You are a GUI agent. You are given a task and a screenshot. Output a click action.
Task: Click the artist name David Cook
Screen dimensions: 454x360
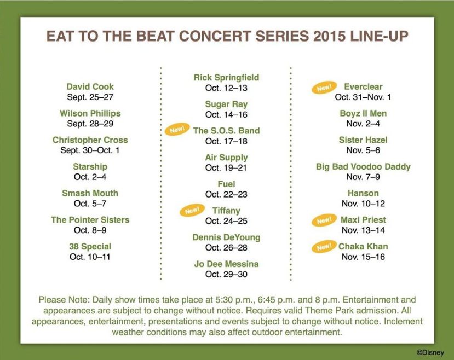(90, 86)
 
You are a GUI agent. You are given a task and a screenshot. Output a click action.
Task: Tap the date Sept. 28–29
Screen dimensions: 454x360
(90, 124)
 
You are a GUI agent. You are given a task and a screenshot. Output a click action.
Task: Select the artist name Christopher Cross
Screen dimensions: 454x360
(90, 140)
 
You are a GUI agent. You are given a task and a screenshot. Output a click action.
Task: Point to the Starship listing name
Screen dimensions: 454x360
(90, 166)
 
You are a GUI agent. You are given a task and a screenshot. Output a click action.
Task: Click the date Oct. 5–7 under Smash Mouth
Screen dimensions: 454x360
(90, 204)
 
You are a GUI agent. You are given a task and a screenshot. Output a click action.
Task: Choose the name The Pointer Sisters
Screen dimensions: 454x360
(90, 220)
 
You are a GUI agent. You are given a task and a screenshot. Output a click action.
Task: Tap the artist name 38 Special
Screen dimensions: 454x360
(90, 246)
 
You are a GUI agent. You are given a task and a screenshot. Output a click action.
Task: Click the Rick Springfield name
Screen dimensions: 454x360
(226, 78)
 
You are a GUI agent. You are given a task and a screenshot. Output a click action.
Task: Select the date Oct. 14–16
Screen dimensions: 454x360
(226, 114)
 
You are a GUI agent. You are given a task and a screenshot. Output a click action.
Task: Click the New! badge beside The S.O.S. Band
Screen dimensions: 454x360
(177, 129)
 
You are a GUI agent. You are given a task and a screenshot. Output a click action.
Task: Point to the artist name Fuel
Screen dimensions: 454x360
(226, 184)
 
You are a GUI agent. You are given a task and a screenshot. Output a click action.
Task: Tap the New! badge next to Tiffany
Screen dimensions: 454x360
(192, 210)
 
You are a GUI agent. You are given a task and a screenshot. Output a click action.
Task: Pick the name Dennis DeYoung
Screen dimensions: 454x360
(226, 237)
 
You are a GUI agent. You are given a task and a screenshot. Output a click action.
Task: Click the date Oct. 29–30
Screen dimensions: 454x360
(226, 274)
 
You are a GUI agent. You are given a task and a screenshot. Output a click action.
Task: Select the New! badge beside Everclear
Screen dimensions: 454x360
(324, 88)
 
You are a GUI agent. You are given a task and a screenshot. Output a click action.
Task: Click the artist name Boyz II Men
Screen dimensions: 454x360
(363, 113)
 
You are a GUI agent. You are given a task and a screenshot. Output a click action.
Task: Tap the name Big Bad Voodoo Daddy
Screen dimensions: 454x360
(363, 166)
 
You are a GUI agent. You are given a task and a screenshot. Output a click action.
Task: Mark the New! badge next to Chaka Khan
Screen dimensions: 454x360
(324, 247)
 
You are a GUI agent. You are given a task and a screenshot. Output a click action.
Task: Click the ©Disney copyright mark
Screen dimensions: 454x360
(430, 353)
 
